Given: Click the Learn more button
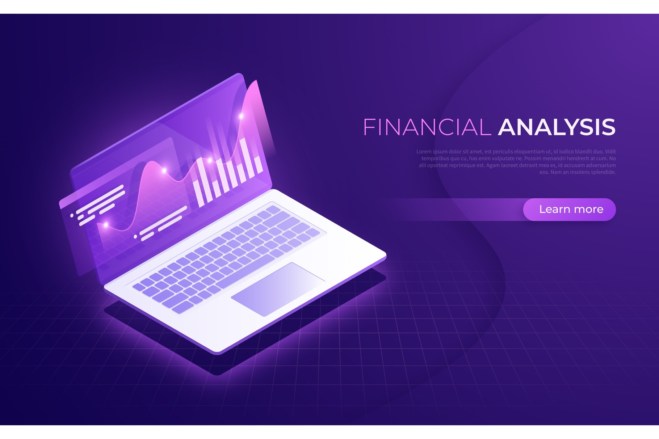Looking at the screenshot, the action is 569,210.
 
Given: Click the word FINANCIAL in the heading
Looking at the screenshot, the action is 427,127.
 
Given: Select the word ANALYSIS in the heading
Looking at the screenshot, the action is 557,127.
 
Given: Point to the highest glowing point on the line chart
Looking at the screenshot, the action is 241,116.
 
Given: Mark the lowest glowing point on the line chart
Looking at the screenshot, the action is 106,225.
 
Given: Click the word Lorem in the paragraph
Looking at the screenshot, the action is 424,152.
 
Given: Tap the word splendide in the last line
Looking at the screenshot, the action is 603,172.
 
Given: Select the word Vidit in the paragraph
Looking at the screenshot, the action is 610,152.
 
